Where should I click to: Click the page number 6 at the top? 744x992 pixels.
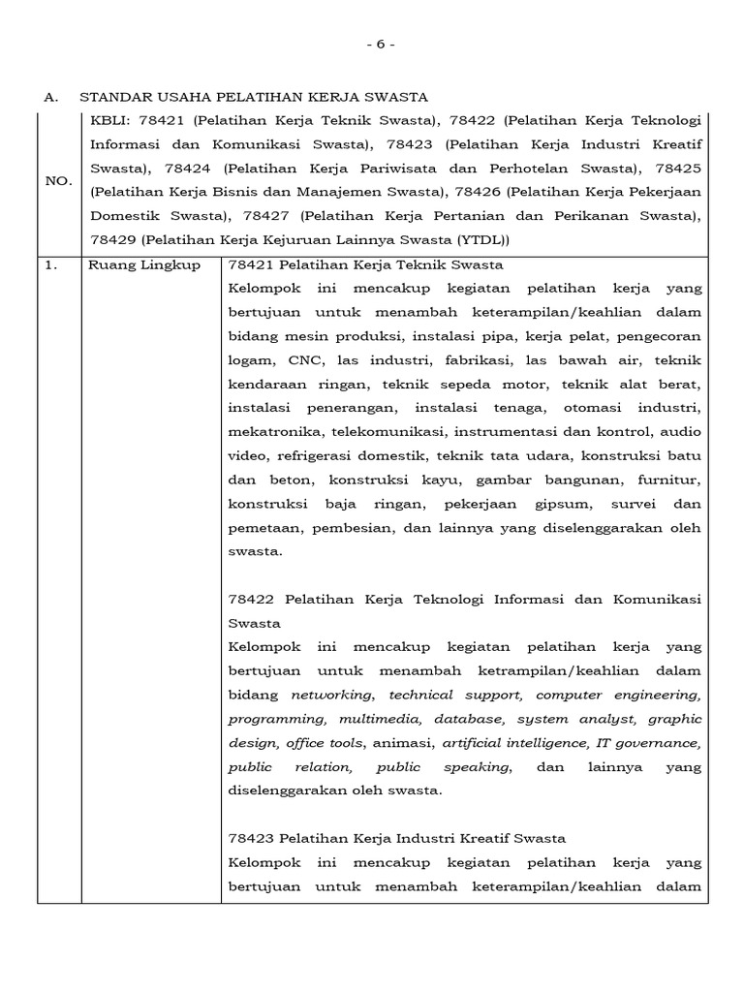pyautogui.click(x=380, y=45)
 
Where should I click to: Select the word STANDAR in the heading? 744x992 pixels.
pyautogui.click(x=112, y=97)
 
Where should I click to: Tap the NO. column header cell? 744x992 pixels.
pyautogui.click(x=58, y=180)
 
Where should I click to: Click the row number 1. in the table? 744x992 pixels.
pyautogui.click(x=51, y=264)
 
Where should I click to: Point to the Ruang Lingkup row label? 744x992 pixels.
pyautogui.click(x=143, y=264)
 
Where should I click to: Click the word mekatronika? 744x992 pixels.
pyautogui.click(x=267, y=432)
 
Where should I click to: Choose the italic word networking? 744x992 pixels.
pyautogui.click(x=332, y=695)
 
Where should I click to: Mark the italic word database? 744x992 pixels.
pyautogui.click(x=468, y=719)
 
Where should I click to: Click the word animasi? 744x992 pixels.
pyautogui.click(x=405, y=743)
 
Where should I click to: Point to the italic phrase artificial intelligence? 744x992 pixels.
pyautogui.click(x=513, y=743)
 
